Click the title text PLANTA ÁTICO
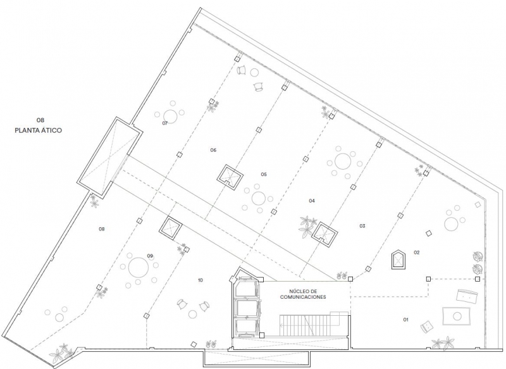[x=39, y=130]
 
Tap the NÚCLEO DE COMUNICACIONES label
[x=303, y=294]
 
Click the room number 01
[x=405, y=320]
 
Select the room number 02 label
[x=417, y=253]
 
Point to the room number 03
[x=362, y=226]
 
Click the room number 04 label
[x=312, y=201]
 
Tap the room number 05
[x=264, y=174]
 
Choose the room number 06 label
[x=213, y=150]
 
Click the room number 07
[x=165, y=123]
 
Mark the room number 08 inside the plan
[x=102, y=229]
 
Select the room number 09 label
[x=150, y=256]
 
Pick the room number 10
[x=201, y=280]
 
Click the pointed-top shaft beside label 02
[x=398, y=260]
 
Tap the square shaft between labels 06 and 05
[x=230, y=177]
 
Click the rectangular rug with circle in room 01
[x=456, y=316]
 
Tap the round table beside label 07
[x=170, y=116]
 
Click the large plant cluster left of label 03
[x=307, y=227]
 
